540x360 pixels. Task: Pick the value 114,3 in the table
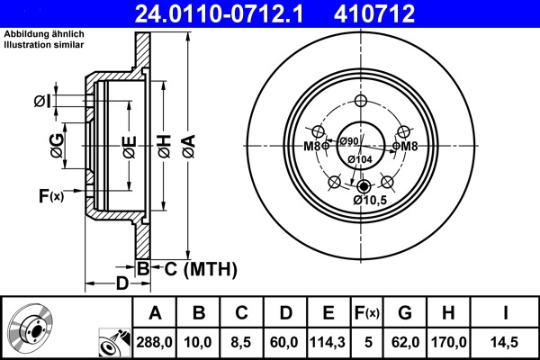click(x=328, y=342)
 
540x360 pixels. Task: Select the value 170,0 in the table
click(x=451, y=342)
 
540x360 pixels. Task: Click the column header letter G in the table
click(x=406, y=313)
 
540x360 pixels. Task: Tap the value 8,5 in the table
click(x=241, y=342)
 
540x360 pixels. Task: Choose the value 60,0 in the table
click(x=284, y=342)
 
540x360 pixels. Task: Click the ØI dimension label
click(x=41, y=101)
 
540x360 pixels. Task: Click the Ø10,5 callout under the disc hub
click(x=370, y=200)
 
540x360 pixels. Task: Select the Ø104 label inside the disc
click(x=360, y=159)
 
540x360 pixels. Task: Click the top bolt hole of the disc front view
click(x=361, y=101)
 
